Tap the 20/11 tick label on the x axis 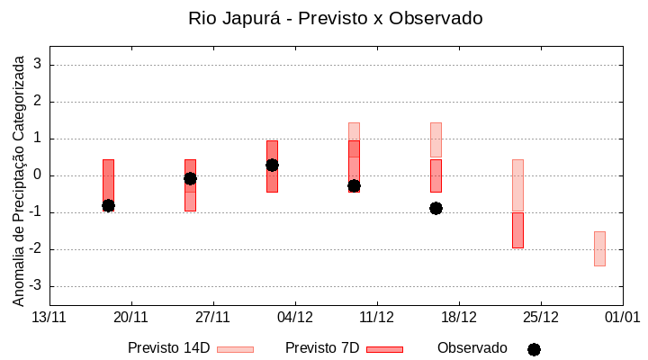pyautogui.click(x=131, y=317)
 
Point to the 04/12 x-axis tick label pyautogui.click(x=295, y=317)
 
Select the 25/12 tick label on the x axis pyautogui.click(x=541, y=317)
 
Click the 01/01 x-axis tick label pyautogui.click(x=622, y=317)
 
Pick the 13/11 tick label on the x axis pyautogui.click(x=49, y=317)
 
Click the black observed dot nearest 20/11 pyautogui.click(x=108, y=205)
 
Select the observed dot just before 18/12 pyautogui.click(x=436, y=208)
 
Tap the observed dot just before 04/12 pyautogui.click(x=272, y=165)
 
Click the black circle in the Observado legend pyautogui.click(x=534, y=349)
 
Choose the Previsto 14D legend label pyautogui.click(x=168, y=348)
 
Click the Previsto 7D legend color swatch pyautogui.click(x=384, y=349)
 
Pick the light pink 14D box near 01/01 pyautogui.click(x=599, y=248)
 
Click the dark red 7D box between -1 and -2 pyautogui.click(x=517, y=229)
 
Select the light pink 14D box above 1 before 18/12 pyautogui.click(x=436, y=139)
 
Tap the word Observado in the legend pyautogui.click(x=472, y=348)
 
